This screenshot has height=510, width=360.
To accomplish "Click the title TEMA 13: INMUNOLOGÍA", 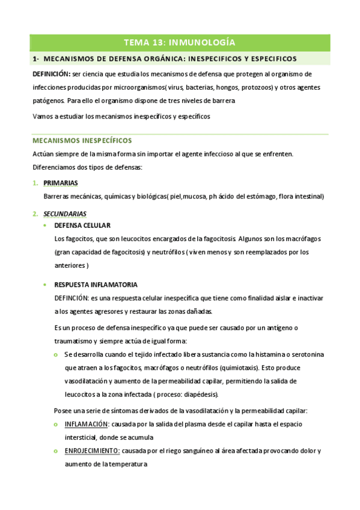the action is click(179, 42).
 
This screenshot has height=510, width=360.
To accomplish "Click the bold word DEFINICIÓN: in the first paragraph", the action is click(51, 74).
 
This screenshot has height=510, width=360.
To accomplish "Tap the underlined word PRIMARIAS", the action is click(61, 183).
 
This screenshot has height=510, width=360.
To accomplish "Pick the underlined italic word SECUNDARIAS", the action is click(65, 214).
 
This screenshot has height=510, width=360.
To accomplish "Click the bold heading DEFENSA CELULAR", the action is click(82, 226).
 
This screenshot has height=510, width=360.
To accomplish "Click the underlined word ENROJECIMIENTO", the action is click(92, 451).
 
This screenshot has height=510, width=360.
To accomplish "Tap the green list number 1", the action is click(35, 183).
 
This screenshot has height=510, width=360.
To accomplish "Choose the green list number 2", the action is click(35, 214).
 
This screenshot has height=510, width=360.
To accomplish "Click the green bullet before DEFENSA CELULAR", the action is click(46, 226).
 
